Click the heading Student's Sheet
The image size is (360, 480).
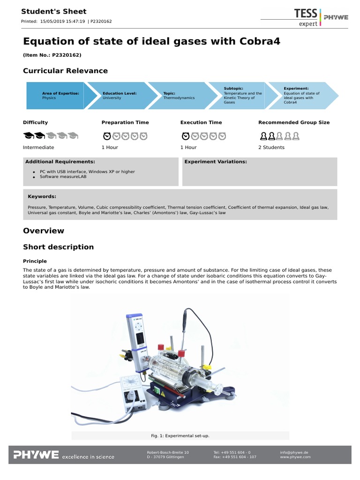[54, 11]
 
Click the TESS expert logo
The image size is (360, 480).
[305, 16]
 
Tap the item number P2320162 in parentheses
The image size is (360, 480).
[52, 55]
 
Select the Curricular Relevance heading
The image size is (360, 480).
[65, 71]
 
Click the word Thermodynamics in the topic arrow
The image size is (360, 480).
[179, 98]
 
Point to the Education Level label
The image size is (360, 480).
[120, 93]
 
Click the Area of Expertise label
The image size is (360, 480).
[60, 93]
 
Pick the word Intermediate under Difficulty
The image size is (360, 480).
[38, 147]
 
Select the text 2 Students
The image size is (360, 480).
[271, 147]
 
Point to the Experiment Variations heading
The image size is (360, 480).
[216, 162]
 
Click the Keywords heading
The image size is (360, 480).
[42, 196]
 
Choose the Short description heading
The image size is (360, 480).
[58, 247]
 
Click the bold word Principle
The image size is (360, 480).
[35, 261]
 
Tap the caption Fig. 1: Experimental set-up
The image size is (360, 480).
[180, 436]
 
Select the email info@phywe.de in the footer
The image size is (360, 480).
[294, 452]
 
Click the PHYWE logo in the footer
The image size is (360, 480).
[36, 455]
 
